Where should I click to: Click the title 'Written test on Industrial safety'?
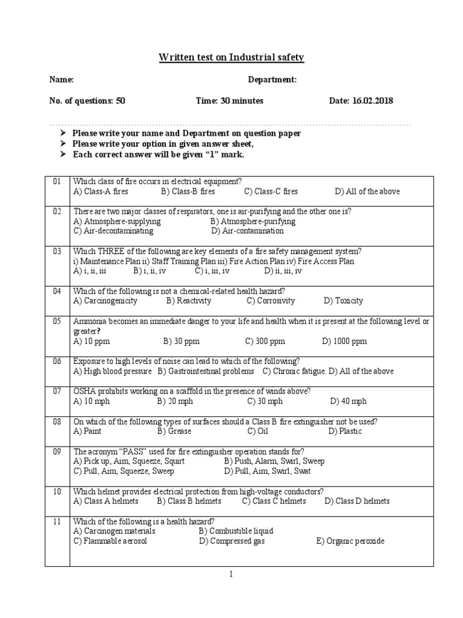pos(231,58)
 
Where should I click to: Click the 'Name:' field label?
pos(61,80)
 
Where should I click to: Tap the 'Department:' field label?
pos(272,80)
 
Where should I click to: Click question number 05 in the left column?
pos(57,322)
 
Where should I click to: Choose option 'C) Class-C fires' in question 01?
pos(271,191)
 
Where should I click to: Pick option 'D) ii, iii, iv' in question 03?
pos(283,271)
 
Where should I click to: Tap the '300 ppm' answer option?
pos(265,341)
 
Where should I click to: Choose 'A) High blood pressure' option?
pos(112,371)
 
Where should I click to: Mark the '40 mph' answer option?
pos(348,401)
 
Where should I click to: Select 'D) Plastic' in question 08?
pos(345,431)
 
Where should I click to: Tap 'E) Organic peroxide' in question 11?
pos(350,541)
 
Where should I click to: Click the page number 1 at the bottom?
pos(231,575)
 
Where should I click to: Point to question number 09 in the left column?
pos(57,451)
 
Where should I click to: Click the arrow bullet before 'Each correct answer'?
pos(63,154)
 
